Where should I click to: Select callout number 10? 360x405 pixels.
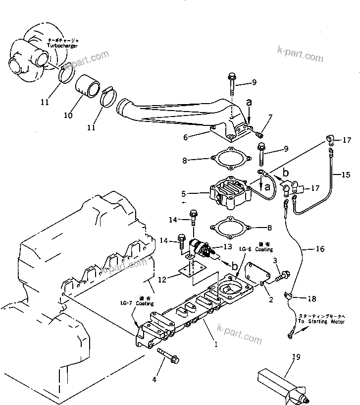(68, 115)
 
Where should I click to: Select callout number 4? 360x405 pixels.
(154, 380)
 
